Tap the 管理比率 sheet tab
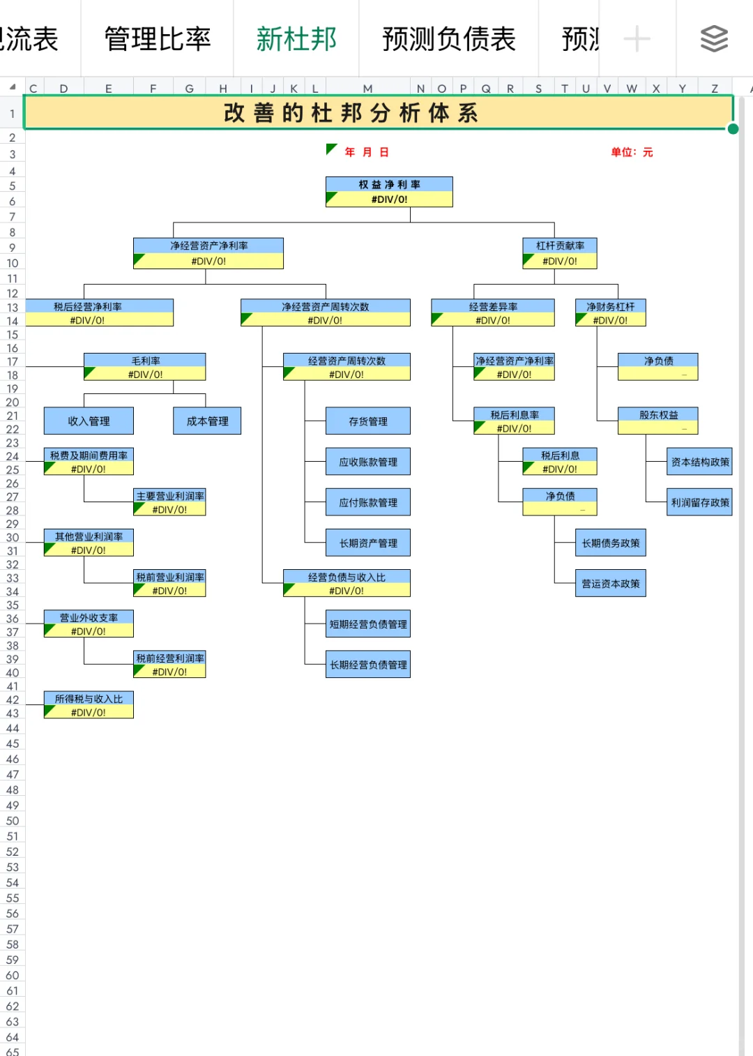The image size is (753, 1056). tap(158, 39)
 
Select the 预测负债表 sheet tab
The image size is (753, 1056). tap(448, 39)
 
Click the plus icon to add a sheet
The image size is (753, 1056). tap(637, 39)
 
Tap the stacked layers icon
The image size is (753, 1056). tap(714, 39)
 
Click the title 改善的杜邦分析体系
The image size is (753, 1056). tap(351, 113)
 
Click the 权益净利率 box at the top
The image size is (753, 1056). tap(389, 192)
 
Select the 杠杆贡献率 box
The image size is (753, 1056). tap(560, 253)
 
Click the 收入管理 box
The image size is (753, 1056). tap(89, 421)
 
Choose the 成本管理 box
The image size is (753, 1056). tap(207, 421)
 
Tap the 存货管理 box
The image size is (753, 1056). tap(368, 421)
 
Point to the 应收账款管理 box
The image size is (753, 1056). tap(368, 462)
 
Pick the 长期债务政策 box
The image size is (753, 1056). tap(611, 543)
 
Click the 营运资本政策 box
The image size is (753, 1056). tap(611, 584)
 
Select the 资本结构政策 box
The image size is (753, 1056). tap(700, 462)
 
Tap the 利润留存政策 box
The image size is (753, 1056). tap(700, 502)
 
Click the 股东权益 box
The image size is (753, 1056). tap(658, 421)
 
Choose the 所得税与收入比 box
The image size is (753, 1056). tap(89, 705)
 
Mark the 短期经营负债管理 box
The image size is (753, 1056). tap(368, 624)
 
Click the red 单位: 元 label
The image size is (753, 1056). tap(632, 152)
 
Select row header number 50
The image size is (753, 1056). tap(13, 821)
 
